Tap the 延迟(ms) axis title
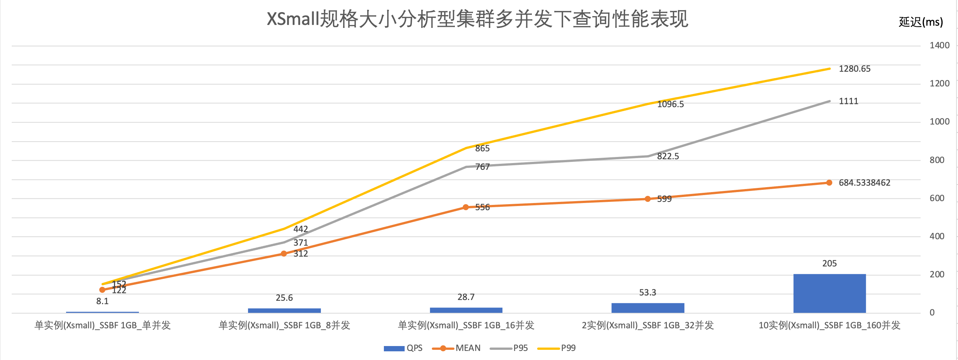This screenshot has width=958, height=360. pos(921,22)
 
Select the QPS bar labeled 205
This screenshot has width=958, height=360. pos(829,293)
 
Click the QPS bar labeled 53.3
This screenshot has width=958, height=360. pos(648,308)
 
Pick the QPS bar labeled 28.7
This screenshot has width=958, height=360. pos(466,310)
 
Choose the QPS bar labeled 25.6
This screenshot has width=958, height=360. pos(284,311)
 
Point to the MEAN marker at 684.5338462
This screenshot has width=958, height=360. pos(829,183)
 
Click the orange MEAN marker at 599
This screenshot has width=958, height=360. pos(648,199)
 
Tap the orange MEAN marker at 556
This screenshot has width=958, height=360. pos(466,207)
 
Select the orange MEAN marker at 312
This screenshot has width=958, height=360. pos(284,254)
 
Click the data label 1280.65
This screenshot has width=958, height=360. pos(855,69)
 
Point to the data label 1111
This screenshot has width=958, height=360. pos(849,101)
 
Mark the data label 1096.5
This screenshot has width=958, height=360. pos(670,104)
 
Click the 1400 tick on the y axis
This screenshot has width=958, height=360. pos(940,45)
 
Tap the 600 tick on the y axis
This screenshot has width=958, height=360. pos(937,198)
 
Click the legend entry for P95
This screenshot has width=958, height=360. pos(509,348)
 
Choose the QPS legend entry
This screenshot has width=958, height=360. pos(403,348)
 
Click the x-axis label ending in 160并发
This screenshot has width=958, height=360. pos(829,325)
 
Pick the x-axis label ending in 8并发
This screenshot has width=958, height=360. pos(284,325)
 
